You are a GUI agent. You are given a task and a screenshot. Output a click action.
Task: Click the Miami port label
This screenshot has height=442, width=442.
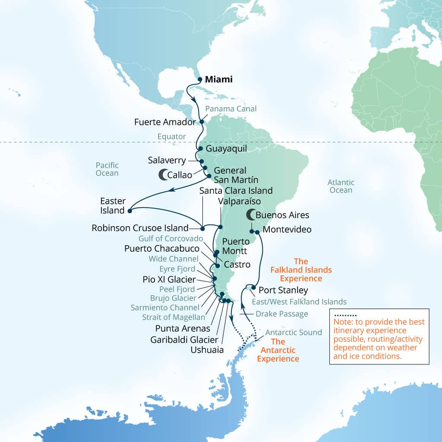[x=218, y=79]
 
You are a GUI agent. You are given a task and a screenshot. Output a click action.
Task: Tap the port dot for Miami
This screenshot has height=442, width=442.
[x=200, y=79]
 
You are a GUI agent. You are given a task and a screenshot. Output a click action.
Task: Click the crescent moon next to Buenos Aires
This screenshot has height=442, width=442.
[x=250, y=215]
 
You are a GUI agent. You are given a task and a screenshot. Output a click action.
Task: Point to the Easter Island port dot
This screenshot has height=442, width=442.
[x=129, y=211]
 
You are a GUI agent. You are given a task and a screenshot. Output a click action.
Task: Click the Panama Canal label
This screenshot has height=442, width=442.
[x=231, y=109]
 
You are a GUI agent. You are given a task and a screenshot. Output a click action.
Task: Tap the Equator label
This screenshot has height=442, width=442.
[x=172, y=137]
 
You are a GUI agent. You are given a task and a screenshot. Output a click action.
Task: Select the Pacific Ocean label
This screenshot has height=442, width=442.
[x=107, y=169]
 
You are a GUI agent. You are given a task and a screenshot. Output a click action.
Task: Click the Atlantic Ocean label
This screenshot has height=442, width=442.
[x=341, y=186]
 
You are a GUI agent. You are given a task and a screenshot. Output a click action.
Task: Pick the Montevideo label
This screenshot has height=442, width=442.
[x=287, y=230]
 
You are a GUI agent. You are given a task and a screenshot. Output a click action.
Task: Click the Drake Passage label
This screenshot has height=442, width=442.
[x=282, y=314]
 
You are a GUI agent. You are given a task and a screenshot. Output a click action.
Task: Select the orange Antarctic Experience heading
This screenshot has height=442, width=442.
[x=278, y=350]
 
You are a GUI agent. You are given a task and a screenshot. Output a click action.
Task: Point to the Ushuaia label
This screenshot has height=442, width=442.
[x=207, y=350]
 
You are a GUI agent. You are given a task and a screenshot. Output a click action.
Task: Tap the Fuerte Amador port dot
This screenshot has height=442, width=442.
[x=202, y=122]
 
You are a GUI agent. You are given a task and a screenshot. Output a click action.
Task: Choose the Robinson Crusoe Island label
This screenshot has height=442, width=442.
[x=140, y=228]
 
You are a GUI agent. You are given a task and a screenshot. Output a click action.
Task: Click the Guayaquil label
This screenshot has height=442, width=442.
[x=226, y=149]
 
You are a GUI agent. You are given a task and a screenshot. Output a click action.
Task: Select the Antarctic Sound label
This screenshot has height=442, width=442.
[x=294, y=332]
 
